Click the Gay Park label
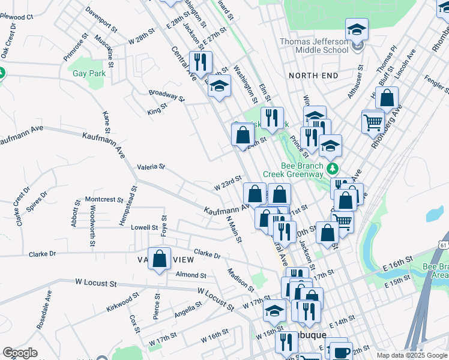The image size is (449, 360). coord(89,74)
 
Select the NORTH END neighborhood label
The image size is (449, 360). coord(313,76)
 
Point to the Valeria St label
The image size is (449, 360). coord(151,167)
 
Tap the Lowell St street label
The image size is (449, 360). coord(144,228)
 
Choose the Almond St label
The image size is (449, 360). coord(191,275)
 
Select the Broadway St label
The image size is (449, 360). coord(166,95)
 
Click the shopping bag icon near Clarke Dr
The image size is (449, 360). coord(160,259)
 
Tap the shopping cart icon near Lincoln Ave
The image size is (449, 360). coord(373,122)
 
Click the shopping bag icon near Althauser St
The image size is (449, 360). coord(388,100)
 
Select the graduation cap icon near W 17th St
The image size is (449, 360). coord(274,311)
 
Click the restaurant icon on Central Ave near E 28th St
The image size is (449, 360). coord(200,62)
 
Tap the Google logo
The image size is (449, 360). coord(20,353)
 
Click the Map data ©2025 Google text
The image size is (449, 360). coord(411,355)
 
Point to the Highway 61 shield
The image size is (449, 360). coord(444,245)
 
